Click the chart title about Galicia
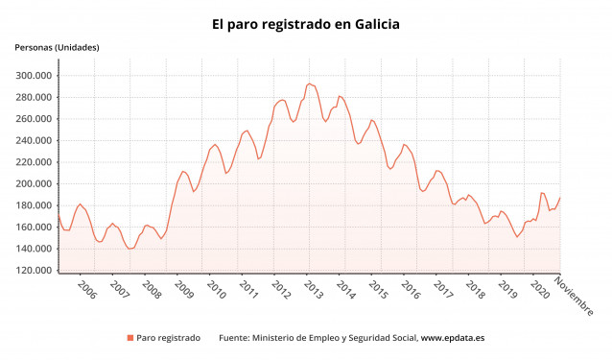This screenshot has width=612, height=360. click(x=306, y=23)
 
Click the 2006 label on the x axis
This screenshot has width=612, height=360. click(x=86, y=290)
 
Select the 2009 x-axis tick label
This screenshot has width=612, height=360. click(x=183, y=290)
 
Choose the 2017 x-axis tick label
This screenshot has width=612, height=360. click(x=442, y=290)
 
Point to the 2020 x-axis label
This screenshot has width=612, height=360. click(x=539, y=290)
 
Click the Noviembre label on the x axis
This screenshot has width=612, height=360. click(x=575, y=297)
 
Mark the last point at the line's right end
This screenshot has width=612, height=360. click(x=559, y=199)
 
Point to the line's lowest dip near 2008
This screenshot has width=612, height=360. click(x=130, y=249)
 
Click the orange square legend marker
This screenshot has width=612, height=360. click(x=129, y=338)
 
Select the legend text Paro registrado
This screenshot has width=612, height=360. click(x=169, y=338)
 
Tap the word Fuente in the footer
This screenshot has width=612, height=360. click(x=236, y=338)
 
